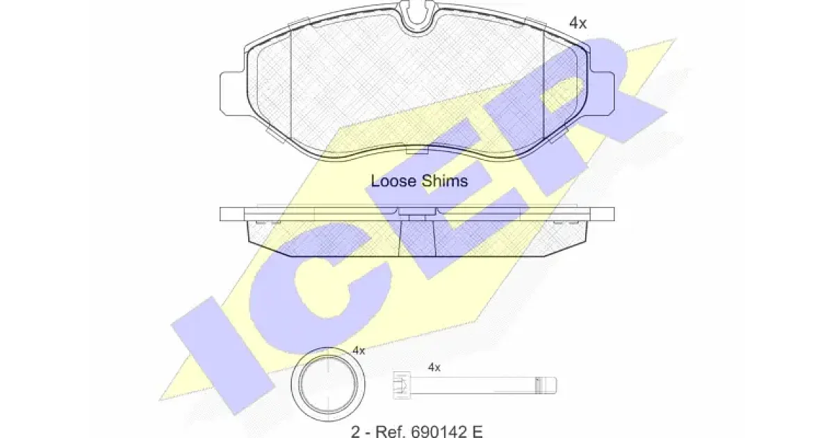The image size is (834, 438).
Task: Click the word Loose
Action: [x=393, y=181]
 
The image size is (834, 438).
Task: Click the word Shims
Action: [x=445, y=181]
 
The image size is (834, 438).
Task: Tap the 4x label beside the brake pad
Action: [x=578, y=23]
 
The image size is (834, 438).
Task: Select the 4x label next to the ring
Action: [x=359, y=350]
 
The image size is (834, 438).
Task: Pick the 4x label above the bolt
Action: [x=434, y=368]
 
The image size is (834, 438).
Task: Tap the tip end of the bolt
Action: [x=554, y=385]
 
